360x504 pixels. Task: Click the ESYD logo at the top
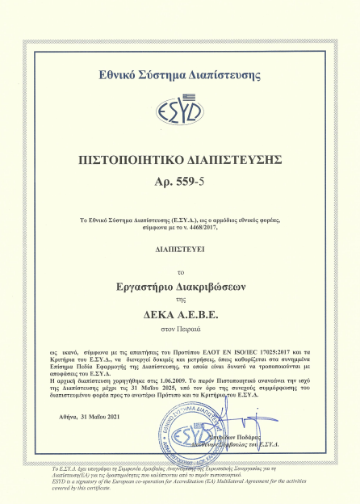(180, 107)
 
